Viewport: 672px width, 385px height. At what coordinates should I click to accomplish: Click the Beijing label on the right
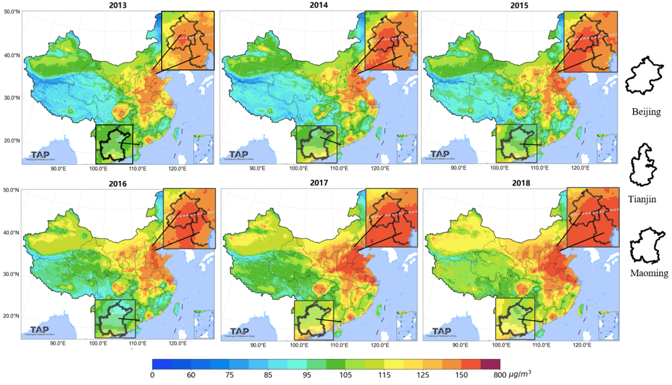pos(645,112)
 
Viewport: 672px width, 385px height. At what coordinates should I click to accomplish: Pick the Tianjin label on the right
pos(645,199)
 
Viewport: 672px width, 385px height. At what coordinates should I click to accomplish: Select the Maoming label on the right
pos(648,272)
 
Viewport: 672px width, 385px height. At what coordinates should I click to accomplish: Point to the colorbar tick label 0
pos(152,374)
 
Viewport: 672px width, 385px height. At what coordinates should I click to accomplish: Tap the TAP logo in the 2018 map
pos(441,332)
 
